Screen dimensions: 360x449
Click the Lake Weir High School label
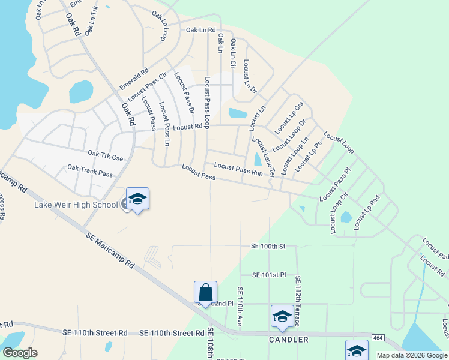tap(76, 205)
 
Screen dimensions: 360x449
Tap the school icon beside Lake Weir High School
tap(137, 199)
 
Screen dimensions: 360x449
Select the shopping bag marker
tap(205, 293)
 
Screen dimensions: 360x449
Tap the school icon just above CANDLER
tap(282, 316)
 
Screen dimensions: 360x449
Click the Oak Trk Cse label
tap(105, 155)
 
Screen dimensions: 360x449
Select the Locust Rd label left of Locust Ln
tap(187, 127)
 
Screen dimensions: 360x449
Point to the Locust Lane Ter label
tap(262, 155)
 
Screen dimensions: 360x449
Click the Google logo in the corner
tap(20, 352)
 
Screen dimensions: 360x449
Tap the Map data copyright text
tap(412, 355)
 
